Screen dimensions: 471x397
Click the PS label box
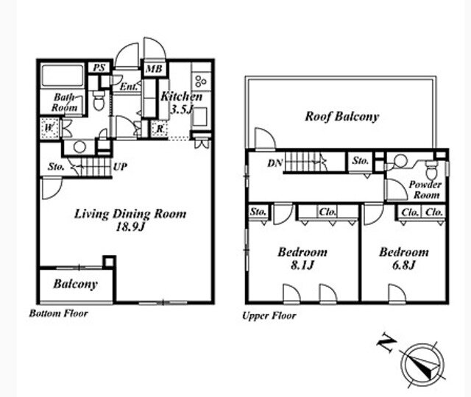pos(99,68)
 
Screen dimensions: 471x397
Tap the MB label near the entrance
pos(154,69)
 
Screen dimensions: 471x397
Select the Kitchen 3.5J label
pos(181,103)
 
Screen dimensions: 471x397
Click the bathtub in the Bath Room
pos(63,75)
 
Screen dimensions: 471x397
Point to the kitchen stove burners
pos(201,80)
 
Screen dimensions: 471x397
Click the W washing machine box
pos(49,128)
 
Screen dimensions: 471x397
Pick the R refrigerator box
pos(160,129)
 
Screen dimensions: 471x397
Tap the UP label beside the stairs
pos(120,167)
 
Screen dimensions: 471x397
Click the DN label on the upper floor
pos(275,163)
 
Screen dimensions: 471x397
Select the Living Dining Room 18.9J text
pos(130,220)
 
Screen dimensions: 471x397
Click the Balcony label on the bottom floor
pos(75,284)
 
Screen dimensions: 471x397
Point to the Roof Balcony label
pos(341,116)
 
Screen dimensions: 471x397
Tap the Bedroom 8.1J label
pos(302,258)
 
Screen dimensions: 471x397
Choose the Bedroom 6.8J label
pos(404,258)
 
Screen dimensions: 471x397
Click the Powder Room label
pos(425,190)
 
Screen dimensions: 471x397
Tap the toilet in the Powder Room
pos(432,170)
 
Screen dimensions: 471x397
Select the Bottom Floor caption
pos(59,314)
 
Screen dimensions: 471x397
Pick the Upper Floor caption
pos(269,315)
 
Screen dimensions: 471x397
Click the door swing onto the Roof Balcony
pos(265,139)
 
